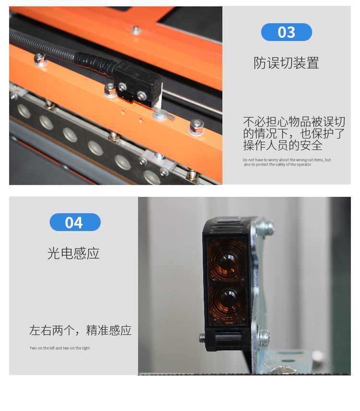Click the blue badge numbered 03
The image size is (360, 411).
click(x=287, y=32)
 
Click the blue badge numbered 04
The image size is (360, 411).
click(x=75, y=222)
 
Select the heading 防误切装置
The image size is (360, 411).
click(x=287, y=63)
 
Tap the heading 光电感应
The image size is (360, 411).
click(x=73, y=253)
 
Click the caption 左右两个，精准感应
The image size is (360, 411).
click(x=80, y=330)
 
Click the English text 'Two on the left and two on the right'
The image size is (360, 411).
click(x=60, y=348)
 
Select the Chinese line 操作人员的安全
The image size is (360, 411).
click(x=283, y=145)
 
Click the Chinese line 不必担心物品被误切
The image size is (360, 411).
click(x=294, y=121)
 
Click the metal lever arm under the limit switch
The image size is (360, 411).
click(x=164, y=114)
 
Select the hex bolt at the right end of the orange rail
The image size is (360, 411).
click(x=196, y=126)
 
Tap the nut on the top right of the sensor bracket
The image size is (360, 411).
click(x=268, y=225)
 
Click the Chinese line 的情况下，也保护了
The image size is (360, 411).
click(x=294, y=133)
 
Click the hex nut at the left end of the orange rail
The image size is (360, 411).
click(x=40, y=59)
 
